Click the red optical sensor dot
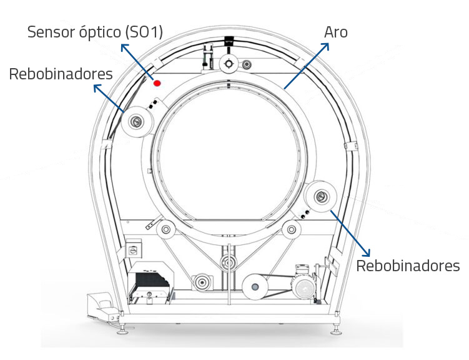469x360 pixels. [157, 82]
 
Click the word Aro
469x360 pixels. [335, 32]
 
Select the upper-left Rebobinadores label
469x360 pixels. [61, 74]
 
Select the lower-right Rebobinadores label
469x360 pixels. [408, 266]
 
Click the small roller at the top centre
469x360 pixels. [229, 62]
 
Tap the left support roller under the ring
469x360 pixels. [166, 230]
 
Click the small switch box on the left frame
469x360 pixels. [134, 250]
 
